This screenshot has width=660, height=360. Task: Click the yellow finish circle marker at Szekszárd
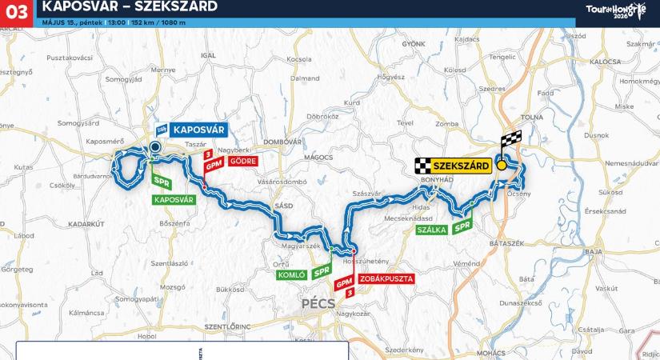click(x=502, y=166)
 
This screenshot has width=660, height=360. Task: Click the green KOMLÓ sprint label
click(x=291, y=274)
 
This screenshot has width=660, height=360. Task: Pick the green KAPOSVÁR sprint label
click(x=174, y=198)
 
